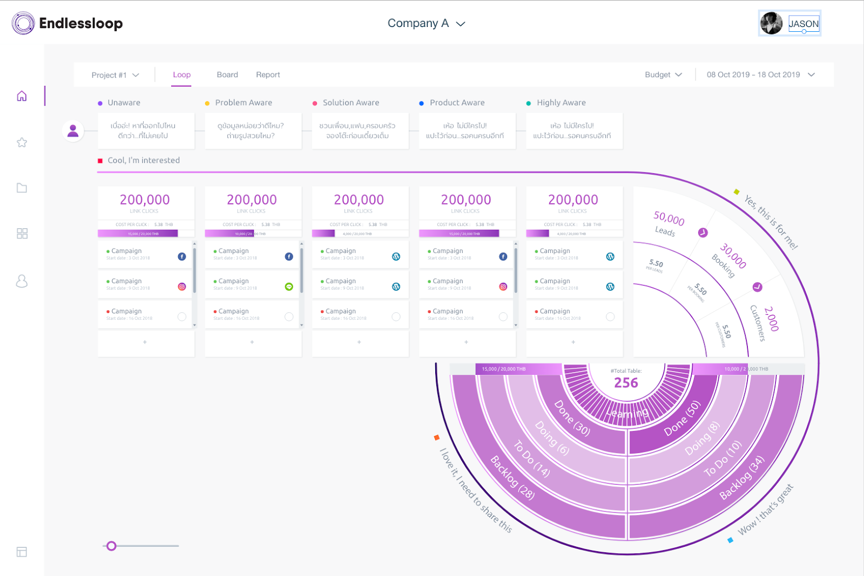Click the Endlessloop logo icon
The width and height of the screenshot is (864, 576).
(23, 23)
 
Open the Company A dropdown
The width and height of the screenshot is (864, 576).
(426, 23)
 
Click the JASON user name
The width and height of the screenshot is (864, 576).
(804, 24)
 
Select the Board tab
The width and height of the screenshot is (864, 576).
(227, 74)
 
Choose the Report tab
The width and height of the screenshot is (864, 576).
(268, 74)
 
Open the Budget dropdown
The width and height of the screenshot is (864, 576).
(663, 74)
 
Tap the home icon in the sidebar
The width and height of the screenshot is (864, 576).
(22, 96)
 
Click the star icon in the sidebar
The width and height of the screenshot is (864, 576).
(22, 142)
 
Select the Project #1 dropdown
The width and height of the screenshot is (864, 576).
(115, 75)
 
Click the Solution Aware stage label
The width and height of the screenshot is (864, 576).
(350, 102)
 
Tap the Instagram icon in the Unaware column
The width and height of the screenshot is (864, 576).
(182, 286)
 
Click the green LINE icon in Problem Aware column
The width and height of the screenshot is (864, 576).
(289, 286)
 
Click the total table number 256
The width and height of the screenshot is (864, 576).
(626, 383)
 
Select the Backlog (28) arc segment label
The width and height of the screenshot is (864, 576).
(512, 478)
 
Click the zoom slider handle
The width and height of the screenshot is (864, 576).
(111, 546)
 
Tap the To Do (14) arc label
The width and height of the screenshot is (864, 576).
(531, 459)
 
